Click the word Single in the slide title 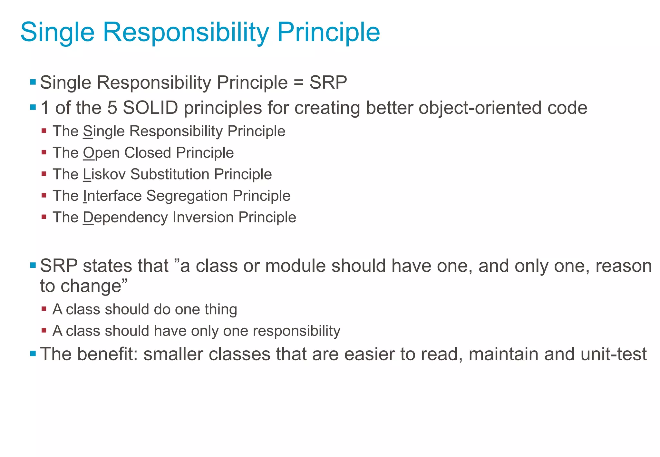[57, 32]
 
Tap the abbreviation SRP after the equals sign [328, 83]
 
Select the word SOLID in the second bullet [150, 108]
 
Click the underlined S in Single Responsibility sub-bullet [87, 131]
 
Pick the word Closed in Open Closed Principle [148, 153]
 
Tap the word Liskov [104, 174]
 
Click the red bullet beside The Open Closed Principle [44, 152]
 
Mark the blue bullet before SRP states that [33, 266]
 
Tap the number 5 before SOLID [112, 108]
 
